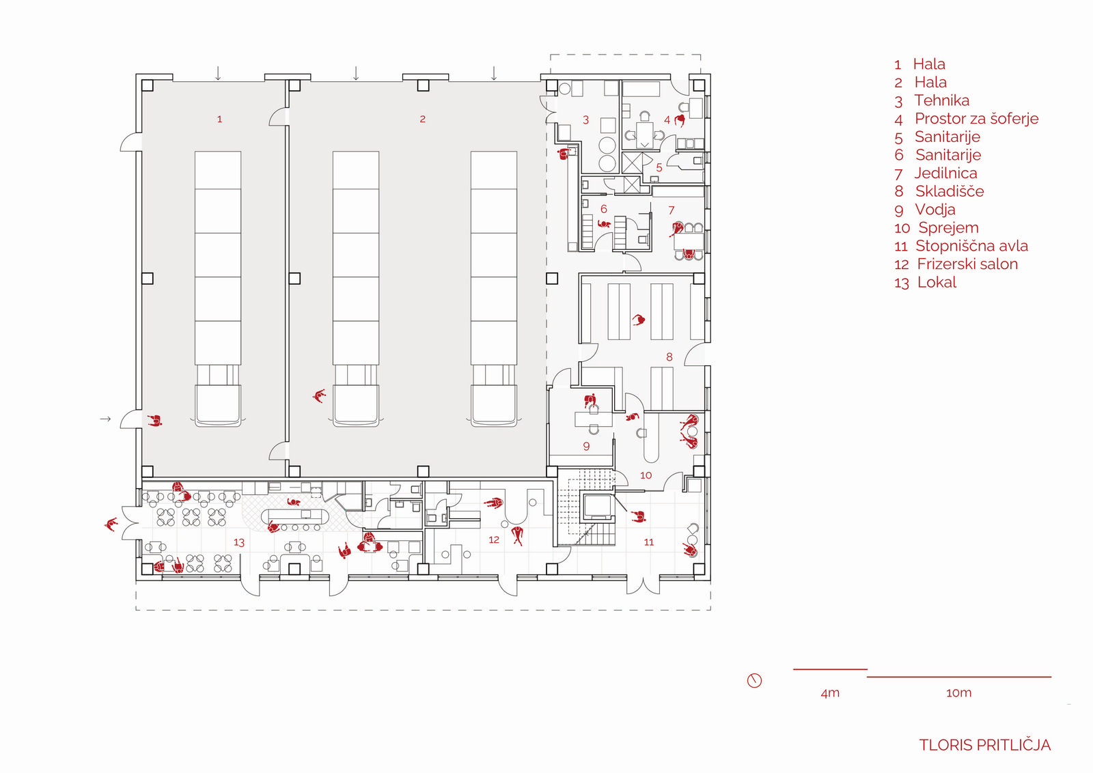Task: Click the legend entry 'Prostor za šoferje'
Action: pos(976,119)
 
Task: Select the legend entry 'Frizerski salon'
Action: pos(967,264)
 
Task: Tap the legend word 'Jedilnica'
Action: pos(945,173)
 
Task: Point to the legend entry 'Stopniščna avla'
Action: pos(971,246)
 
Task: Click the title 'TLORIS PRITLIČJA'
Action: pos(984,745)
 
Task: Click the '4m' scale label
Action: pos(830,693)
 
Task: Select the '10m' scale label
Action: pos(958,693)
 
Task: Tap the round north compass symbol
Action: pos(754,680)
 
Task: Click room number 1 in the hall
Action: pos(219,120)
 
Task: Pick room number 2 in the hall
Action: pos(422,120)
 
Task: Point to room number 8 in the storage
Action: pos(669,357)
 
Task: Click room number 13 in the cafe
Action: pos(238,543)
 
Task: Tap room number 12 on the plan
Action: pos(494,540)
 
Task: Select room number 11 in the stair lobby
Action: pos(648,542)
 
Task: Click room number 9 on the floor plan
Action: pos(586,447)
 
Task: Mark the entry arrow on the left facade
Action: pos(105,419)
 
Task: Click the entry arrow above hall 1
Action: pos(218,73)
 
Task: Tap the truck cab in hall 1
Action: pos(218,405)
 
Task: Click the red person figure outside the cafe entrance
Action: pos(111,524)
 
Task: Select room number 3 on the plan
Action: pos(585,120)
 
